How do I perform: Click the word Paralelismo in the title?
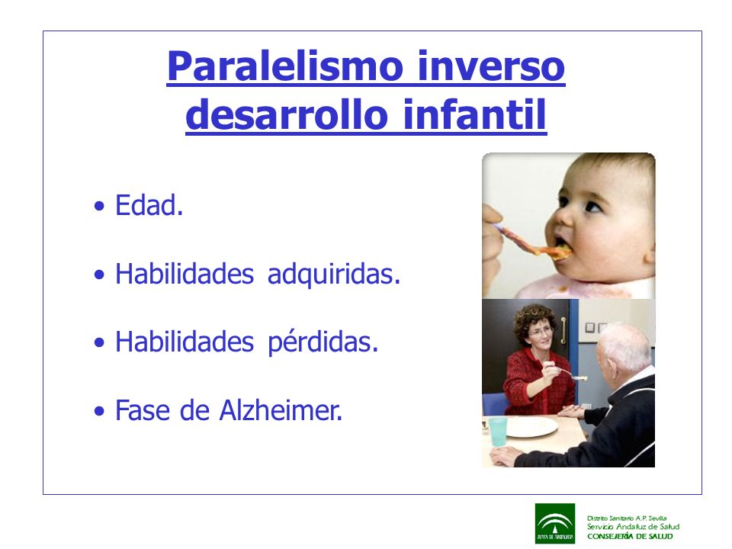284,66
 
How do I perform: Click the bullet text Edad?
149,205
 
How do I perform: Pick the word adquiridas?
334,274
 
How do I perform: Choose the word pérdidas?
323,342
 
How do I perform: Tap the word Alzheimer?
281,410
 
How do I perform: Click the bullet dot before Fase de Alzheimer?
99,411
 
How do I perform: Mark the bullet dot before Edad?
99,206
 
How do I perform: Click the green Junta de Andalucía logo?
555,523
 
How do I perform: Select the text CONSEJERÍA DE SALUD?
631,536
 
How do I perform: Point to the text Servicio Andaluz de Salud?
633,527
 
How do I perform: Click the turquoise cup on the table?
498,432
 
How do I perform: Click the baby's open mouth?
562,245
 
